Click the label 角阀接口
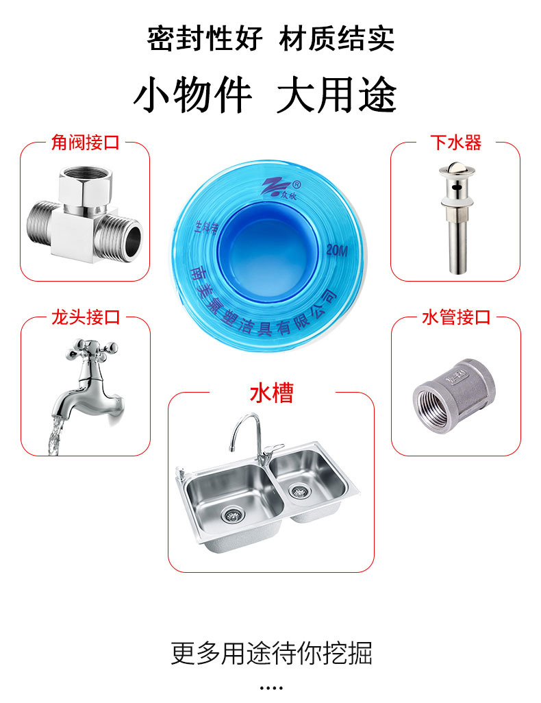86,143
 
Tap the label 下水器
455,143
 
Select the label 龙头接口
86,317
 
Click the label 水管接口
455,317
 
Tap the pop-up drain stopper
454,216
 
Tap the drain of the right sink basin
298,490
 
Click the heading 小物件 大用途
265,95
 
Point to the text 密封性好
205,38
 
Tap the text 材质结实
336,38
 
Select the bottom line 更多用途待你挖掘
271,653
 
